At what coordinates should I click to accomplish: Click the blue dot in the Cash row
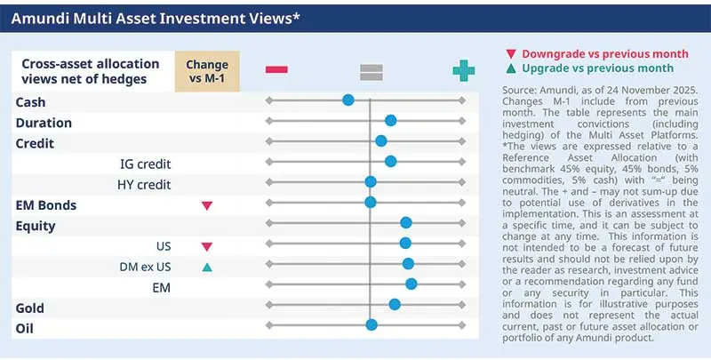348,101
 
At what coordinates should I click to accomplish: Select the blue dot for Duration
390,120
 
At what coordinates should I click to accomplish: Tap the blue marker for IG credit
390,161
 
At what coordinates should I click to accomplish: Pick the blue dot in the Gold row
395,304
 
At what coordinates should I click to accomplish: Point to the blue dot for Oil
371,325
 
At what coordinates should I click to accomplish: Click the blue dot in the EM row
411,284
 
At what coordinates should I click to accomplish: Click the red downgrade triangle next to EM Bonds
207,205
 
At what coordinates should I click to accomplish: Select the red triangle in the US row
207,246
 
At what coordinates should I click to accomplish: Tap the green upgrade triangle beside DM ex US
207,267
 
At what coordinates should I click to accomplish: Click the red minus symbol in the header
276,70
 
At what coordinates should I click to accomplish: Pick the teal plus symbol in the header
463,70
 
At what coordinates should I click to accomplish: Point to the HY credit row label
144,185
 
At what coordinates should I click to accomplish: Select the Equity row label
36,226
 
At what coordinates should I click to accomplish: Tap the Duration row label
44,123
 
